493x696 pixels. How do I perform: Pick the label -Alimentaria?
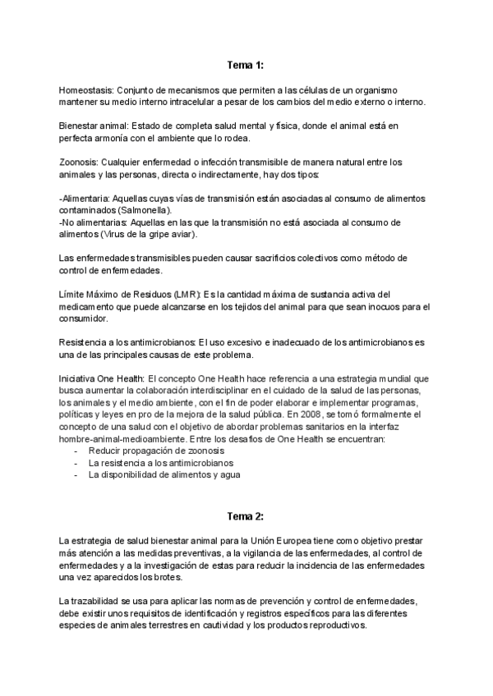85,198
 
